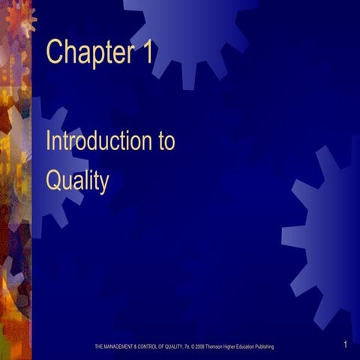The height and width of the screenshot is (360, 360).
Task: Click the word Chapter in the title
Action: click(x=89, y=52)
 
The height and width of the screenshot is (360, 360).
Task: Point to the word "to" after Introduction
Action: click(x=166, y=142)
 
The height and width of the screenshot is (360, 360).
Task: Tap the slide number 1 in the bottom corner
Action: click(x=343, y=344)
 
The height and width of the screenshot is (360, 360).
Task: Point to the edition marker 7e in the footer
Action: click(x=187, y=346)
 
